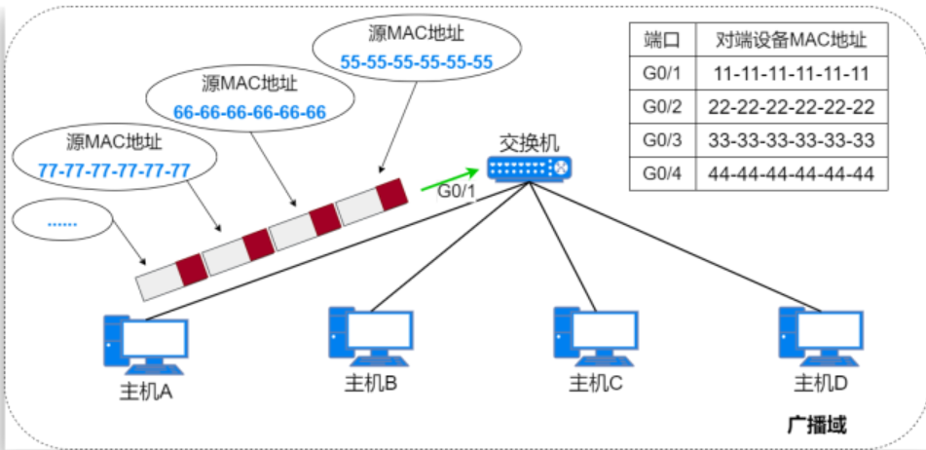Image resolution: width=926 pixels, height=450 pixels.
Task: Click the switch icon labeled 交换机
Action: pos(532,170)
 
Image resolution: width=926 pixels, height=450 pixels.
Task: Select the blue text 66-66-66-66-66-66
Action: pos(249,112)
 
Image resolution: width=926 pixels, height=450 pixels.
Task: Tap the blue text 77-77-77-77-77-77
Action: pos(113,169)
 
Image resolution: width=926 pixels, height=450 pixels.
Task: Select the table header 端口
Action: pos(661,40)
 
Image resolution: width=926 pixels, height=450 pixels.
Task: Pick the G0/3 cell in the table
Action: pos(661,140)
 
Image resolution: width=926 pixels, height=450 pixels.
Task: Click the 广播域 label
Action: pos(816,425)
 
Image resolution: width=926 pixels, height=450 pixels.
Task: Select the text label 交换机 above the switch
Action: pos(530,143)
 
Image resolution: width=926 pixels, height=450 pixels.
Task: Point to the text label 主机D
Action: pos(821,384)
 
